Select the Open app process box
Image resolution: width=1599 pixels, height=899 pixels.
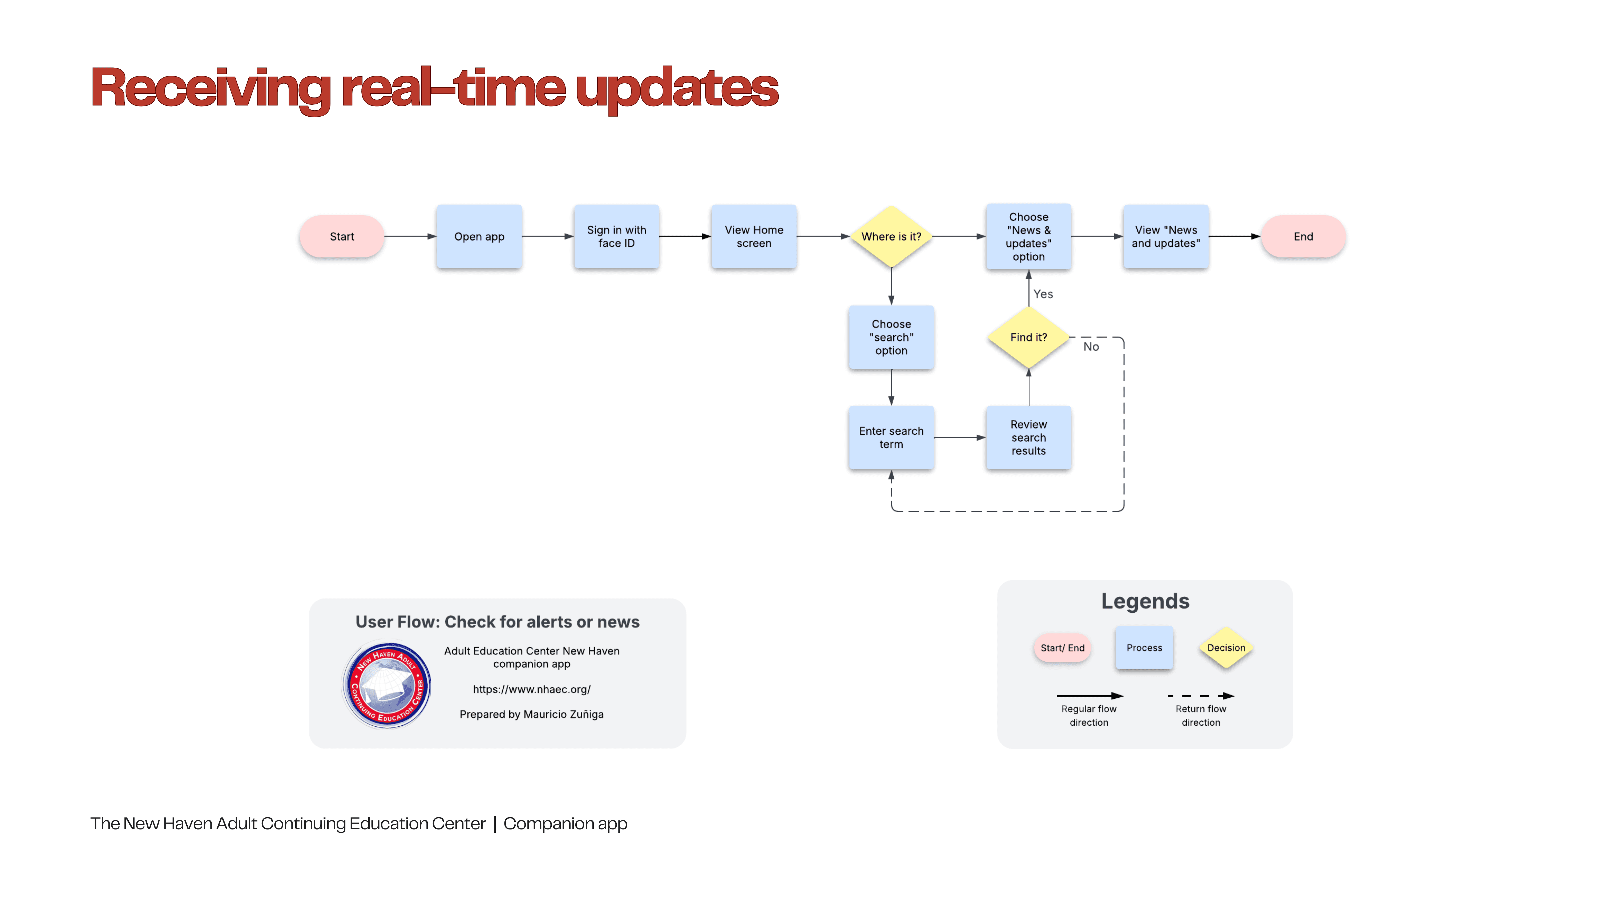pos(479,236)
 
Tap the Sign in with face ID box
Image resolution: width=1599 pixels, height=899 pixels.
pos(616,236)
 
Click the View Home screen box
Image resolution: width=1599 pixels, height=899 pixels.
pos(754,236)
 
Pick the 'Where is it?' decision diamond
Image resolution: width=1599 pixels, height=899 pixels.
pos(891,236)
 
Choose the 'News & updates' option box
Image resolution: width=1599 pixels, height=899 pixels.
pos(1028,236)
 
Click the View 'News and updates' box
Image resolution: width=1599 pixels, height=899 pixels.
pos(1166,236)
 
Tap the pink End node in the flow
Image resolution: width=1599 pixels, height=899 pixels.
pos(1303,236)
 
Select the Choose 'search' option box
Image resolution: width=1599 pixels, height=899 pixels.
pos(891,337)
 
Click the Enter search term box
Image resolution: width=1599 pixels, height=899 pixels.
pos(891,437)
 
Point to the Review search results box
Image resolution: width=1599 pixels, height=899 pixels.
pos(1028,437)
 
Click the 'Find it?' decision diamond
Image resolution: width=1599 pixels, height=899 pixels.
pos(1028,337)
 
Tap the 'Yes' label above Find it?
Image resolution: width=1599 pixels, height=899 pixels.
pos(1043,294)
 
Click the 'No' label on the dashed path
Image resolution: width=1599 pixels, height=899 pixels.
pos(1091,347)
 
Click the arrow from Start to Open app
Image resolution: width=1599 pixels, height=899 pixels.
pos(410,236)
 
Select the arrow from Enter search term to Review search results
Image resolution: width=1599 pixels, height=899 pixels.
pos(960,437)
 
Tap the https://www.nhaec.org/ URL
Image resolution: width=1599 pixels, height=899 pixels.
pos(531,689)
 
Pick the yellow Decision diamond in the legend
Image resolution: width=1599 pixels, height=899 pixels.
pos(1226,648)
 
